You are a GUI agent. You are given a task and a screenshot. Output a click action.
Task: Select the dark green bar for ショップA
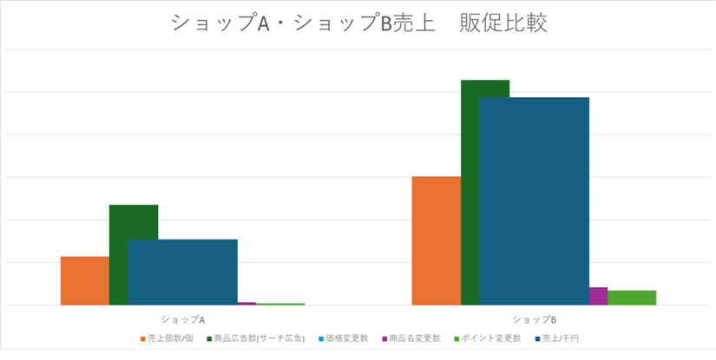pyautogui.click(x=134, y=222)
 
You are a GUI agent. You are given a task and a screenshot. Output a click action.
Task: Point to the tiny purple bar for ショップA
pyautogui.click(x=246, y=304)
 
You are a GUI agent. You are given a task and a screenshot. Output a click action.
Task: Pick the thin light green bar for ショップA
pyautogui.click(x=280, y=304)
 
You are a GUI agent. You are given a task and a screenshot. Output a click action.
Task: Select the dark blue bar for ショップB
pyautogui.click(x=534, y=200)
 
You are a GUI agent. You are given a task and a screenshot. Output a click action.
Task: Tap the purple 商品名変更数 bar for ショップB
pyautogui.click(x=598, y=296)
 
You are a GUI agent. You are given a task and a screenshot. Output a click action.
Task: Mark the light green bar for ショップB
pyautogui.click(x=632, y=298)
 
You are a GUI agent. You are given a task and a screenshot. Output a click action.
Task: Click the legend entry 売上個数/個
pyautogui.click(x=169, y=337)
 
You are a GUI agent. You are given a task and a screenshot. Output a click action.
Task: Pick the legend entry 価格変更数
pyautogui.click(x=347, y=337)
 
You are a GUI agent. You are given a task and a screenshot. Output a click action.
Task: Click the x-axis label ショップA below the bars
pyautogui.click(x=182, y=319)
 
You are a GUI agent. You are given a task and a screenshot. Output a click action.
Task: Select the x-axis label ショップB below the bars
pyautogui.click(x=534, y=319)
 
